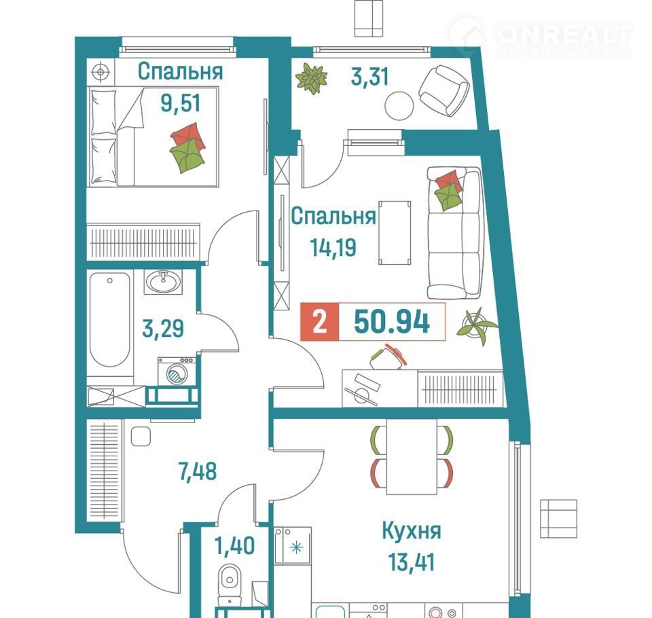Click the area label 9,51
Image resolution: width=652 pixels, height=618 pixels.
click(x=181, y=103)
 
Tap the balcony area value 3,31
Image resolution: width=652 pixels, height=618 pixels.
click(x=369, y=77)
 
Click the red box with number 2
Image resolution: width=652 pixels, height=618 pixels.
click(x=320, y=322)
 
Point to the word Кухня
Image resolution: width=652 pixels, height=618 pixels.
click(x=412, y=531)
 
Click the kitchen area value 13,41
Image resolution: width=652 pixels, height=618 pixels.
click(x=412, y=562)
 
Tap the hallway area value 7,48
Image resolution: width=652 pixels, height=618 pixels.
click(x=198, y=471)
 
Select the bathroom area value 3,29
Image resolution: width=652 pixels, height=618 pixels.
click(x=163, y=329)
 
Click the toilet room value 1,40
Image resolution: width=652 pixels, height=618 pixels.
click(x=234, y=546)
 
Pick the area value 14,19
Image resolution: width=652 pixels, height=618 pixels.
click(x=333, y=247)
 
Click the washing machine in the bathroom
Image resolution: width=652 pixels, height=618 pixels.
click(x=177, y=371)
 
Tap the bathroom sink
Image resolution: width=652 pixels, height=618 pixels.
click(x=163, y=282)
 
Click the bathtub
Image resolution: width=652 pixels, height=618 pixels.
click(x=110, y=321)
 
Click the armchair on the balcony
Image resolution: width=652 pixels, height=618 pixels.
click(x=443, y=90)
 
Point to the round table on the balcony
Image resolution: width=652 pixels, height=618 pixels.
click(x=399, y=106)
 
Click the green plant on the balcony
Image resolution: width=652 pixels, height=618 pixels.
click(x=312, y=78)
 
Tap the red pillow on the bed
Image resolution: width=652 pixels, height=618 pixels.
click(x=188, y=135)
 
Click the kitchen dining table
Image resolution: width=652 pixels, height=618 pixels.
click(x=412, y=456)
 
